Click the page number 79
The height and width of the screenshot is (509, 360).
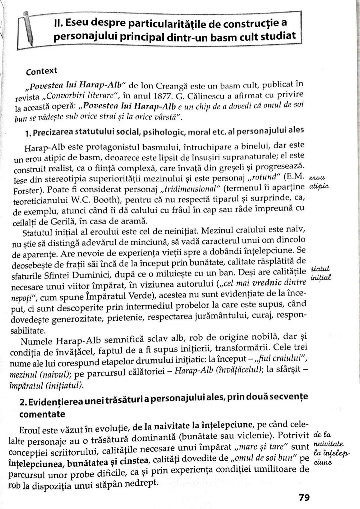304,497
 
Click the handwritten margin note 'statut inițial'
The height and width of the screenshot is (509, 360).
320,273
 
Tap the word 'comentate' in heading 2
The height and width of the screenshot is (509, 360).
42,414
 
